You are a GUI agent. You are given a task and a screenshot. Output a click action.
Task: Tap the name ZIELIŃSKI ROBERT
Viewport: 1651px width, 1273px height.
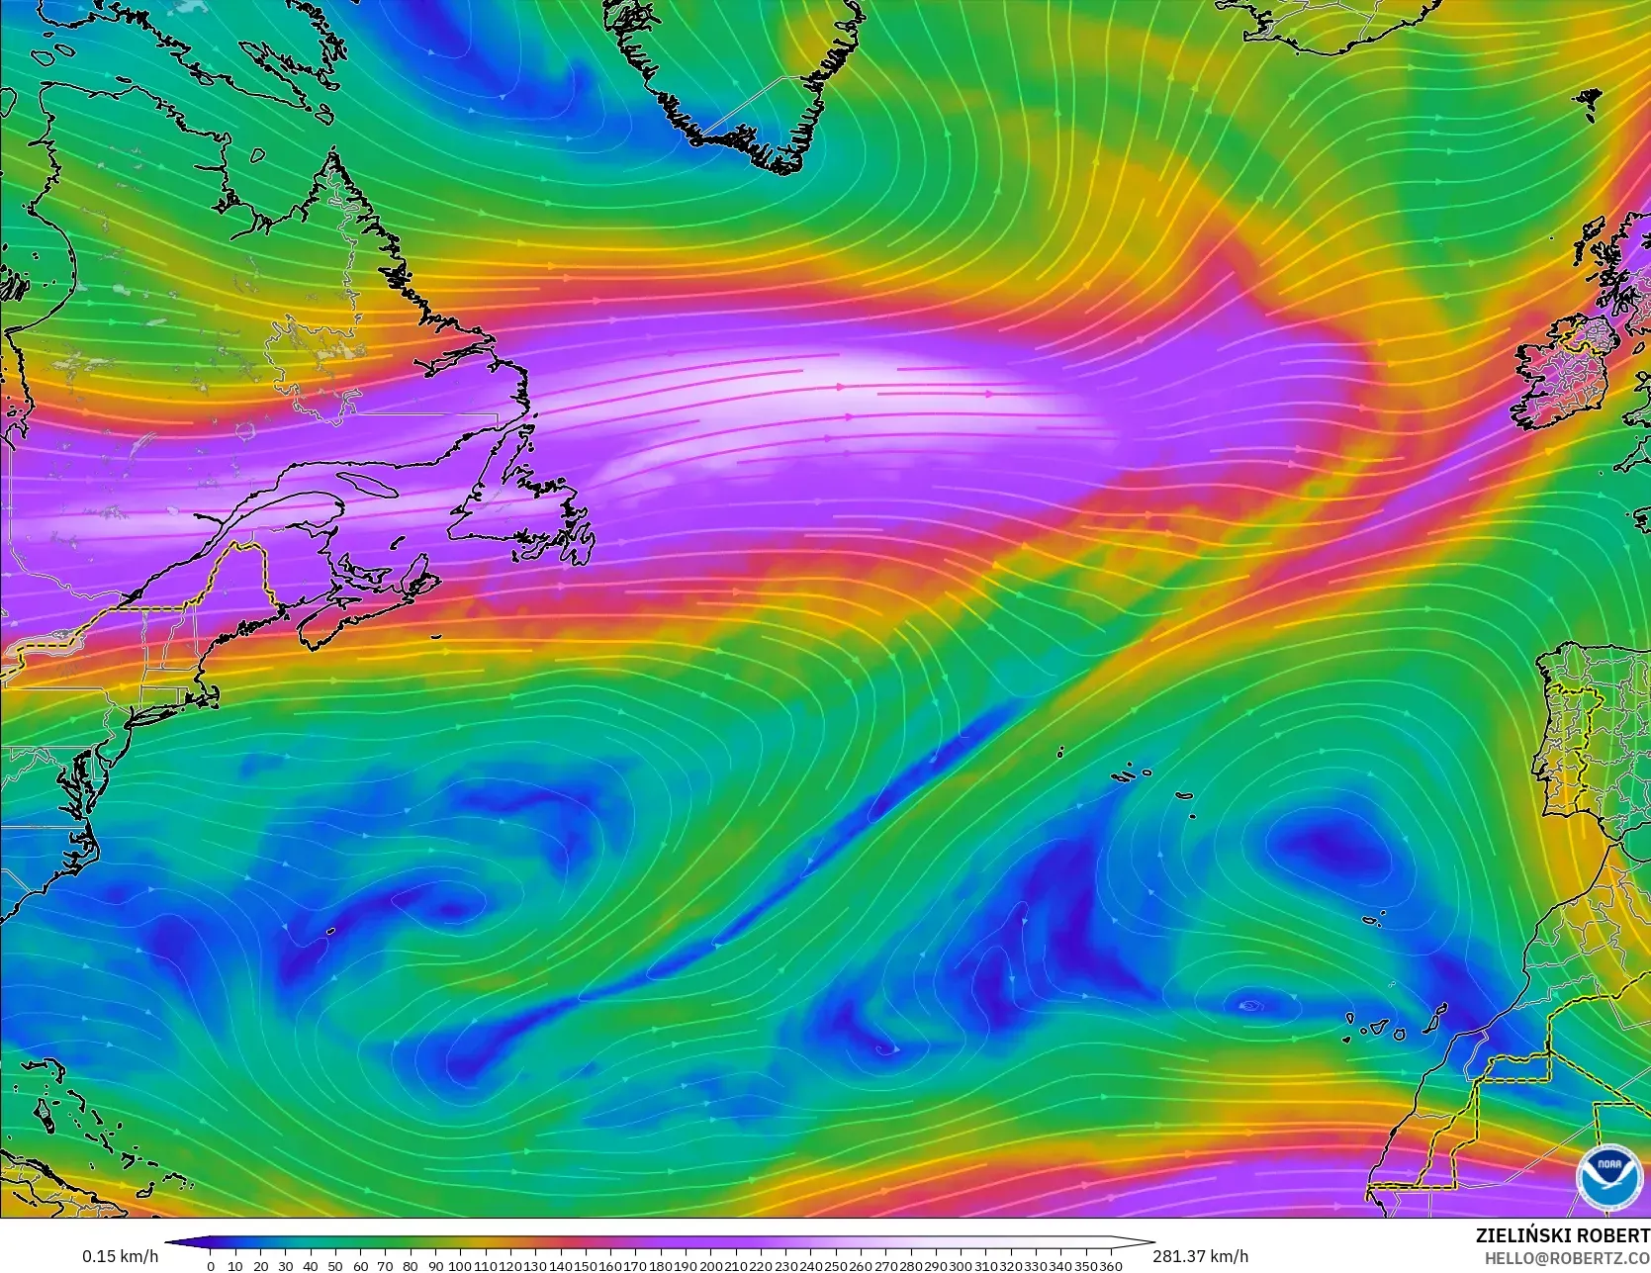1562,1236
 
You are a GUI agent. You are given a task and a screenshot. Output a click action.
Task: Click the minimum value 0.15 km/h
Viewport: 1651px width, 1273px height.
120,1256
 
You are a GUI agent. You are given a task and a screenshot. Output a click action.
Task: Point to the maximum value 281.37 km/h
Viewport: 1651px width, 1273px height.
1200,1256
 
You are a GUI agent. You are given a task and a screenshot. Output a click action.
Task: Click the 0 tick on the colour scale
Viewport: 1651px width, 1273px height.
210,1266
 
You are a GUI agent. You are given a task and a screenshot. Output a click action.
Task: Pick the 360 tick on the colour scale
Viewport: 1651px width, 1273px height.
1111,1266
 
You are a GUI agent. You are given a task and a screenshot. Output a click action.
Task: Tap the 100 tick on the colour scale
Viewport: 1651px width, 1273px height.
460,1266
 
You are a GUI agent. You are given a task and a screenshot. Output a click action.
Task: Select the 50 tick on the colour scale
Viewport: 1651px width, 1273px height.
335,1266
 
